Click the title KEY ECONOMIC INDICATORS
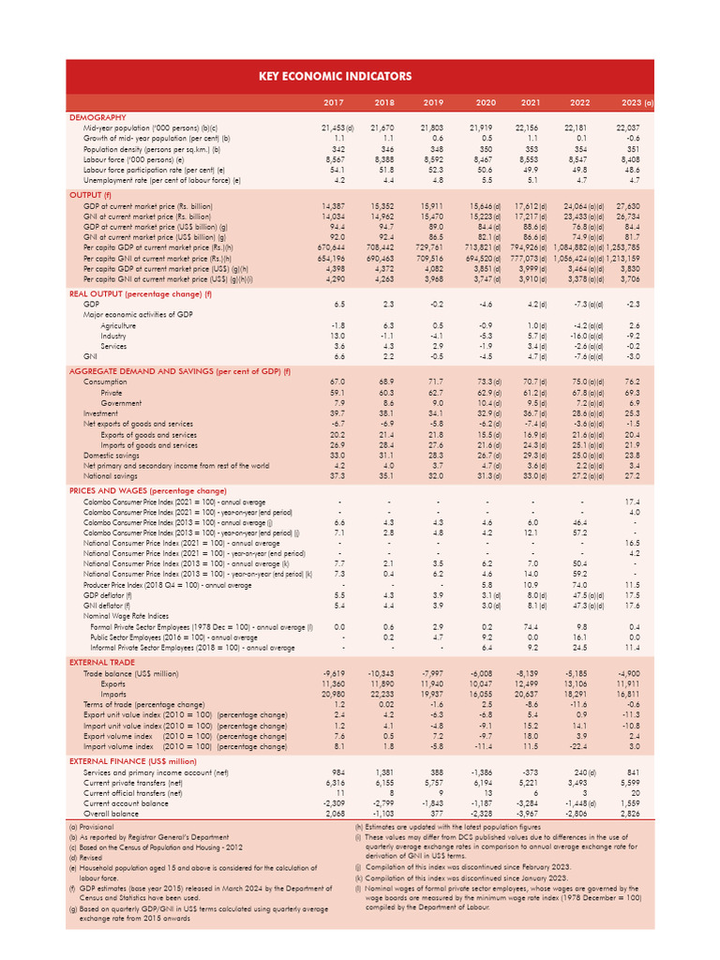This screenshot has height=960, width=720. [360, 75]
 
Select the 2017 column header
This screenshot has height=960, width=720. [334, 101]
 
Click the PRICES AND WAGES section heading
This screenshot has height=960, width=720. [148, 490]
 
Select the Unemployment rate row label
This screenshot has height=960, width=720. [161, 180]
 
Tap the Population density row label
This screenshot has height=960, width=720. [151, 149]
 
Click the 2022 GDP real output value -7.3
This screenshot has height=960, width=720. [584, 305]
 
